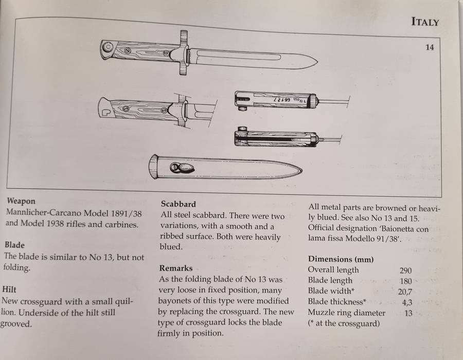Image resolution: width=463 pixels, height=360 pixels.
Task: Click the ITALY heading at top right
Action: coord(425,22)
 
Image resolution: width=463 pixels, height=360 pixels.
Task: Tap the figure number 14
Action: coord(430,47)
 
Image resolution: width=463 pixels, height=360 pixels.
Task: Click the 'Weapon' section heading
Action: coord(21,201)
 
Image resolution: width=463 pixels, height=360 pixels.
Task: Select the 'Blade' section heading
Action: coord(14,245)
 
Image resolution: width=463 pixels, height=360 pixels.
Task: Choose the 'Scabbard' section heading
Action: coord(178,204)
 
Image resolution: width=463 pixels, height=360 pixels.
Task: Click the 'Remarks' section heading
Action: coord(176,268)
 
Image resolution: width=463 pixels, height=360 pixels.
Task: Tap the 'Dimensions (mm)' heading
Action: coord(341,259)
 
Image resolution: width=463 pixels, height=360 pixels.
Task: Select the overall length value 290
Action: coord(405,270)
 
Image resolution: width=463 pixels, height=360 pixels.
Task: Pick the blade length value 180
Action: coord(405,280)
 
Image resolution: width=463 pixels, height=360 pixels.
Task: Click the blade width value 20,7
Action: coord(405,291)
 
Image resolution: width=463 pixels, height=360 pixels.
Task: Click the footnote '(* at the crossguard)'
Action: coord(344,323)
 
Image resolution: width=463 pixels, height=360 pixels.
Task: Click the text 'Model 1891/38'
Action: coord(116,212)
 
